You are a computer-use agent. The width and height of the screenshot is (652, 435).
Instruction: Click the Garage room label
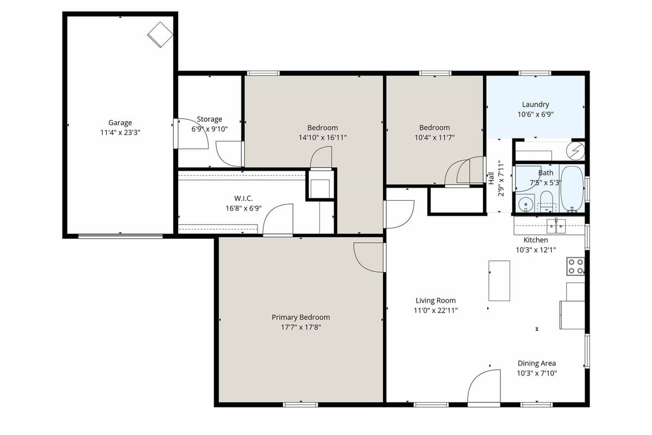click(x=120, y=123)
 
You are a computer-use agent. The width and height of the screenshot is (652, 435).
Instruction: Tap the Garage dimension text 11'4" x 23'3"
click(x=120, y=132)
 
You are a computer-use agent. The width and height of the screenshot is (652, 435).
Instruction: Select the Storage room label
click(x=210, y=119)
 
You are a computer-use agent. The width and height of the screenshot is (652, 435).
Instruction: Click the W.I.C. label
click(x=243, y=198)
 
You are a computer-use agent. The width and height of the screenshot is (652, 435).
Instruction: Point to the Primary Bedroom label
click(x=300, y=318)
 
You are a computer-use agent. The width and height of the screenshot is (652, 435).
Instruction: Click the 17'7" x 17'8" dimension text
click(x=300, y=327)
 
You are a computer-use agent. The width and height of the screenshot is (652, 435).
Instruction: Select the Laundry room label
click(x=535, y=104)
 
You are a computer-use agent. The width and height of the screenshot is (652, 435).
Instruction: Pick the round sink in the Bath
click(x=525, y=205)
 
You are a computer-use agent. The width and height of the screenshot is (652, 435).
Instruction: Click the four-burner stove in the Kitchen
click(x=575, y=266)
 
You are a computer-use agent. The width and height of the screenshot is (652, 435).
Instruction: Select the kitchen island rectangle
click(x=499, y=281)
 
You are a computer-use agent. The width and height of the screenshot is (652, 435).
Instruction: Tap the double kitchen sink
click(x=556, y=224)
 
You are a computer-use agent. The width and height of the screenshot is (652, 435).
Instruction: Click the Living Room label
click(x=435, y=301)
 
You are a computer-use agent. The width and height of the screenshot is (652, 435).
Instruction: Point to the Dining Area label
click(x=536, y=363)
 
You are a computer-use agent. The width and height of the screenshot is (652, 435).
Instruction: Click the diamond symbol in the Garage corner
click(x=160, y=34)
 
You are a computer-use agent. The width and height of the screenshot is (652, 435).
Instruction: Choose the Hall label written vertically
click(x=491, y=177)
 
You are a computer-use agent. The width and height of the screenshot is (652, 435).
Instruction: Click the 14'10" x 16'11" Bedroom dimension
click(x=322, y=138)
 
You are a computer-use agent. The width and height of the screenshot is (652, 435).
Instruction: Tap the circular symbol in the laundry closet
click(x=577, y=148)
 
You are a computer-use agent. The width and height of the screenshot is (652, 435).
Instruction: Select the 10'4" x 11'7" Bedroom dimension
click(x=434, y=138)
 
